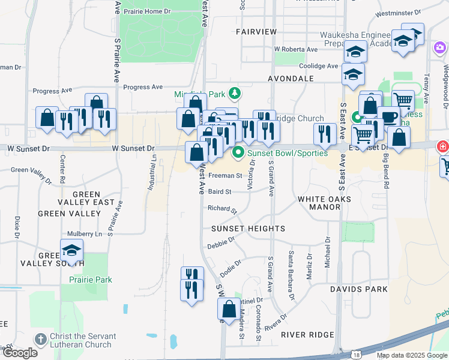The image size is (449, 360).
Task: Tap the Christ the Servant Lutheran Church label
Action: point(81,340)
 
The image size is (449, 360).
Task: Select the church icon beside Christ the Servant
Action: point(40,339)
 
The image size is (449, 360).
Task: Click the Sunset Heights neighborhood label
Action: point(248,229)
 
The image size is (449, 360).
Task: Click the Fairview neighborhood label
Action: point(256,31)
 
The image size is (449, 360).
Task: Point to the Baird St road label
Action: point(220,191)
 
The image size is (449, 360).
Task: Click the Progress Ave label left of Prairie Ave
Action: point(47,91)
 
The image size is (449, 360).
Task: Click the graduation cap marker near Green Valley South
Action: point(71,251)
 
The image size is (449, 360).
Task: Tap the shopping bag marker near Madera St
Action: point(229,310)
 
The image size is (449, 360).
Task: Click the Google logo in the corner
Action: point(20,353)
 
